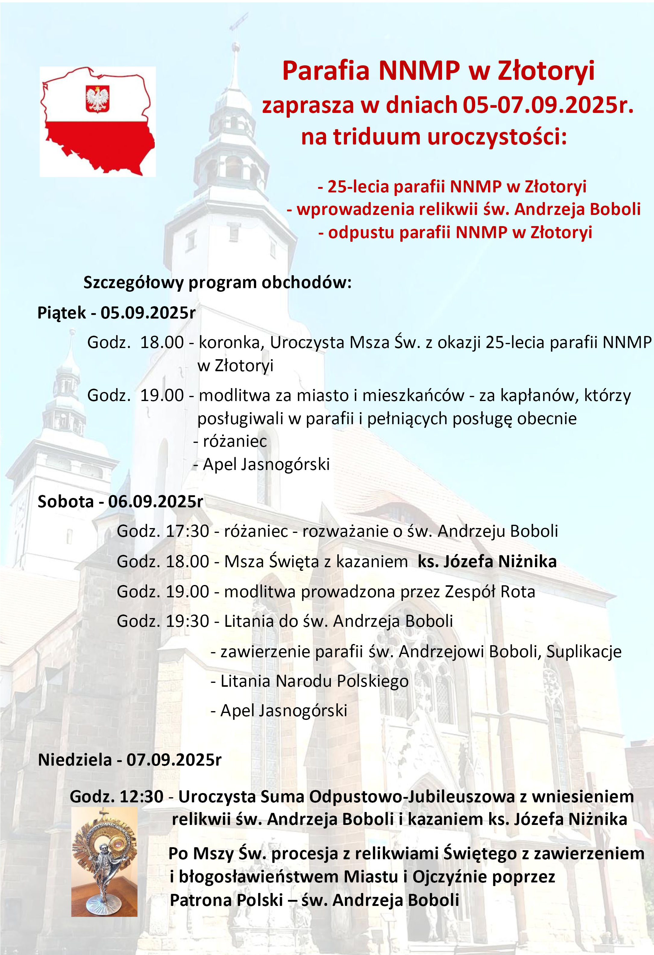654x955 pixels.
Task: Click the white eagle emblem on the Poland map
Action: pyautogui.click(x=97, y=99)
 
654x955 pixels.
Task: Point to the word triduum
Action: pyautogui.click(x=377, y=137)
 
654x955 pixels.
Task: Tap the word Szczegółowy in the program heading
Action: pyautogui.click(x=133, y=283)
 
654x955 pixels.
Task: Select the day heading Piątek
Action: pyautogui.click(x=62, y=313)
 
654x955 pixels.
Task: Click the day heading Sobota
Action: pyautogui.click(x=66, y=502)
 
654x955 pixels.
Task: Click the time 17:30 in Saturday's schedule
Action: pyautogui.click(x=188, y=531)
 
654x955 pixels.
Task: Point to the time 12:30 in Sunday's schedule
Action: pyautogui.click(x=141, y=796)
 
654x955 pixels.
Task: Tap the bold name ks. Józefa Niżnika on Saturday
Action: pyautogui.click(x=487, y=561)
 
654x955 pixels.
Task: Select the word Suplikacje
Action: pyautogui.click(x=584, y=651)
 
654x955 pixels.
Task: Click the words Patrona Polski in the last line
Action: pyautogui.click(x=227, y=900)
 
